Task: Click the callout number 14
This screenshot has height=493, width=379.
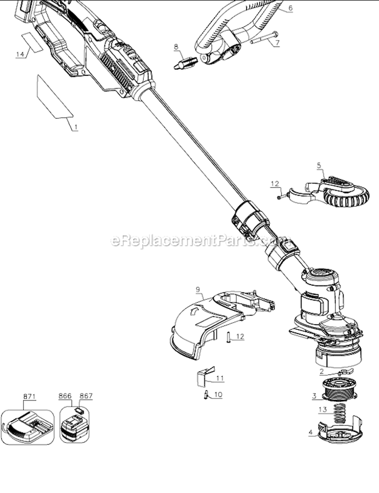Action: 20,55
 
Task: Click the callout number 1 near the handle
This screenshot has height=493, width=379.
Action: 76,128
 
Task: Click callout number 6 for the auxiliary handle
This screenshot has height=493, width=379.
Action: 290,9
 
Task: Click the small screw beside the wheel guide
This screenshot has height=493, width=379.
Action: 279,197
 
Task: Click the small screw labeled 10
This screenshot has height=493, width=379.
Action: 206,395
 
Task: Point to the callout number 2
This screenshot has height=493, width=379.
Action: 321,371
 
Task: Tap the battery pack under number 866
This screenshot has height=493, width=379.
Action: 73,428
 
